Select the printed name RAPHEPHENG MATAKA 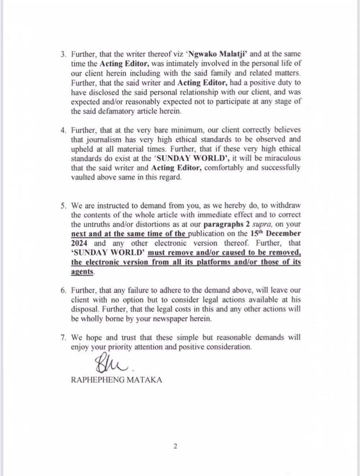point(116,380)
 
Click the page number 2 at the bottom point(175,446)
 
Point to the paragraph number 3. point(63,54)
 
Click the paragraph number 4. point(63,130)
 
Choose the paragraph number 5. point(63,206)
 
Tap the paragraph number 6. point(63,290)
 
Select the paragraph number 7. point(63,338)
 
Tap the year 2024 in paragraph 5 point(79,243)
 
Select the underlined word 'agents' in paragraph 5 point(82,272)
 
